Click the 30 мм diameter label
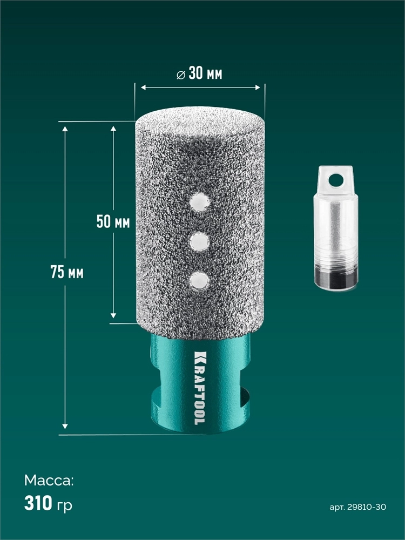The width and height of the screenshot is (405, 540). point(199,73)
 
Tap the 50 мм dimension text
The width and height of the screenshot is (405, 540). point(113,221)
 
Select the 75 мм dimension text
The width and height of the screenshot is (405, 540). point(67,272)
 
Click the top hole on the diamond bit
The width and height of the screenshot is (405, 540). point(200,202)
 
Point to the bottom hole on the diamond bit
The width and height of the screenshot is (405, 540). point(199,280)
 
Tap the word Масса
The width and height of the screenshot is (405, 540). point(49,481)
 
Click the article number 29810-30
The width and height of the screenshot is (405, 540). point(367,507)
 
